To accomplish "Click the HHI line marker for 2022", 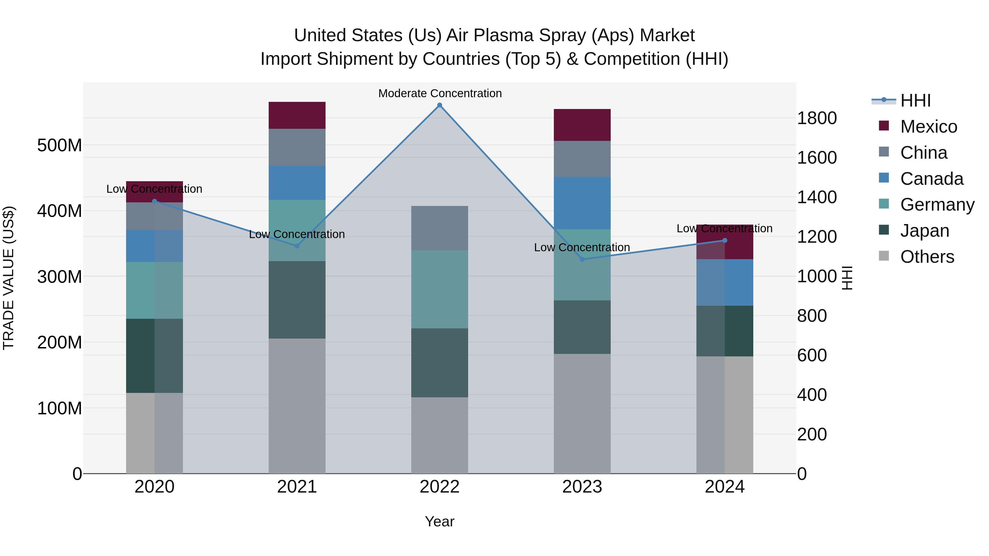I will point(440,105).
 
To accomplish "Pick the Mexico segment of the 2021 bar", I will point(297,115).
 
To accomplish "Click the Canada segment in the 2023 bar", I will point(582,203).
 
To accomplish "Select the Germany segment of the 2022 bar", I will point(440,289).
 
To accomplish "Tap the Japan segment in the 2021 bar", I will point(297,300).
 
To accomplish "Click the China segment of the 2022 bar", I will point(440,228).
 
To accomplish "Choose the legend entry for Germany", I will point(937,205).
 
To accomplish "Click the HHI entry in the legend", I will point(915,100).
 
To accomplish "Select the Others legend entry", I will point(927,257).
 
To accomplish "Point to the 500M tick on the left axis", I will point(60,146).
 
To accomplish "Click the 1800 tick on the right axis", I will point(817,118).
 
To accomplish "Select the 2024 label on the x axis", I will point(724,487).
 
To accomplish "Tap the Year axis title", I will point(440,521).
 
